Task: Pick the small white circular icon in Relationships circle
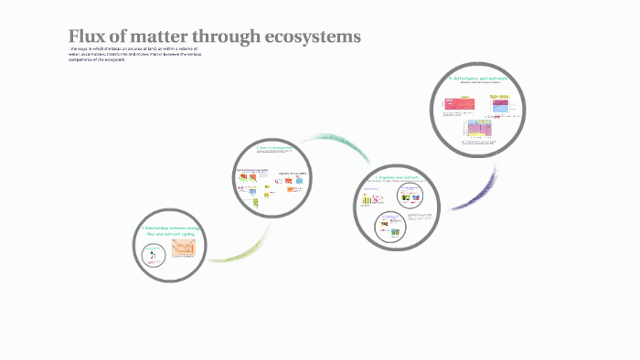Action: [153, 249]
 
